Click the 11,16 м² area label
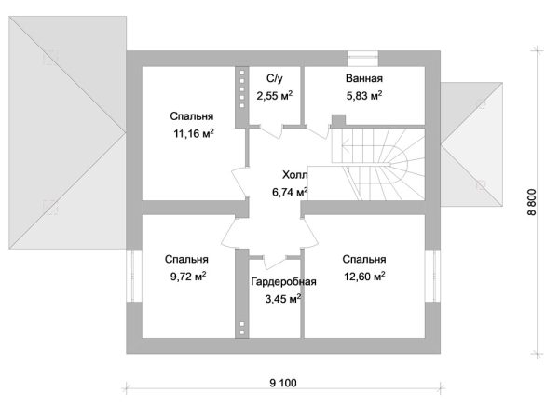[194, 134]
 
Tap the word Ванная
[364, 78]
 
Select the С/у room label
[275, 78]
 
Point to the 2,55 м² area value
[275, 96]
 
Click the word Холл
[295, 175]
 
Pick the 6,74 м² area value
[290, 192]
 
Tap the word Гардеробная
[283, 281]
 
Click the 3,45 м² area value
[283, 299]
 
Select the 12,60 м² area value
[364, 277]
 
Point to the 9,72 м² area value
[188, 277]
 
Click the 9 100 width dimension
[283, 384]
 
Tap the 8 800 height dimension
[532, 202]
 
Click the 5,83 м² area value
[364, 96]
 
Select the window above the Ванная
[362, 59]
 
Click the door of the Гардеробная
[274, 262]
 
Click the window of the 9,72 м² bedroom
[134, 277]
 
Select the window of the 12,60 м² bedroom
[433, 277]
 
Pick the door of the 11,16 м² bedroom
[241, 182]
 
